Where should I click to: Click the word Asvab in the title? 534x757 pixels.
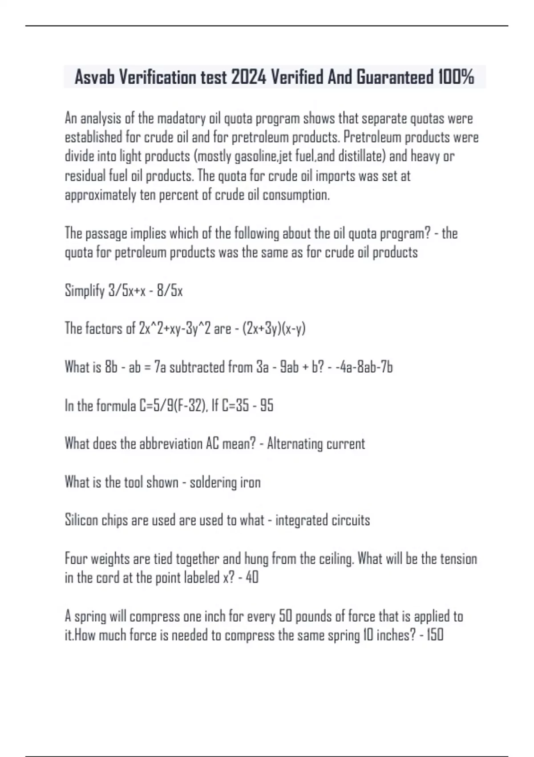coord(94,77)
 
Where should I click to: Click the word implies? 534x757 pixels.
coord(149,234)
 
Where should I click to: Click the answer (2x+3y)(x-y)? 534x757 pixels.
coord(274,329)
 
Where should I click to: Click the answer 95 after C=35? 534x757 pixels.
coord(267,406)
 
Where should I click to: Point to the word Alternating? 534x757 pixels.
coord(295,444)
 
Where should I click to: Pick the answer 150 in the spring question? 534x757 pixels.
coord(435,635)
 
